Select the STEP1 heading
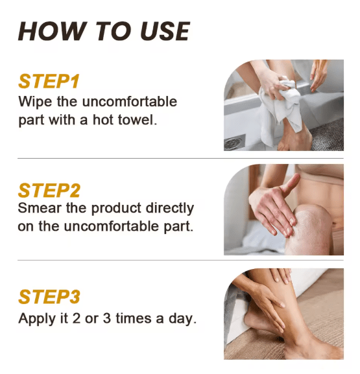point(49,82)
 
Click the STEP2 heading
point(50,191)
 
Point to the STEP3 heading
point(50,297)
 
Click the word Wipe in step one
point(32,102)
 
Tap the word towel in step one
point(137,121)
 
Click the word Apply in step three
point(36,319)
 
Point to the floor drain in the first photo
point(235,143)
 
